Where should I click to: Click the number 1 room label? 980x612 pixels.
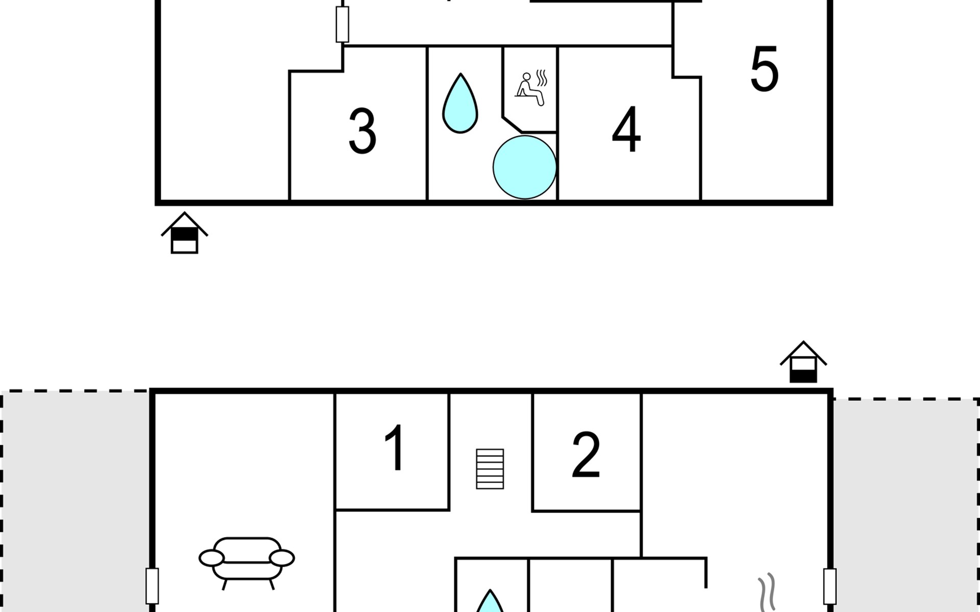395,448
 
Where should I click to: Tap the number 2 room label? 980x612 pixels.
585,455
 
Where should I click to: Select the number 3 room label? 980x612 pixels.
362,131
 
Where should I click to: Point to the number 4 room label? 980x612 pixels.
626,130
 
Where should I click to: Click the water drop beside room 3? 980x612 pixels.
460,104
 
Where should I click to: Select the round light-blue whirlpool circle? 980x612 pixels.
524,167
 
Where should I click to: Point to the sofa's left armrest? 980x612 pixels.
211,558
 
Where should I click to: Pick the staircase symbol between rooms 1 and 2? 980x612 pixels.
489,469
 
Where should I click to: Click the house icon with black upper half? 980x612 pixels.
184,234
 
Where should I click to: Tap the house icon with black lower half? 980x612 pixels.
803,363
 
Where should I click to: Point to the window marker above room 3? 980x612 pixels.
342,24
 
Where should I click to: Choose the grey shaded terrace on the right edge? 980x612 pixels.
906,505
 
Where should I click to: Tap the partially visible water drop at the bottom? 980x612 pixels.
490,603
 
